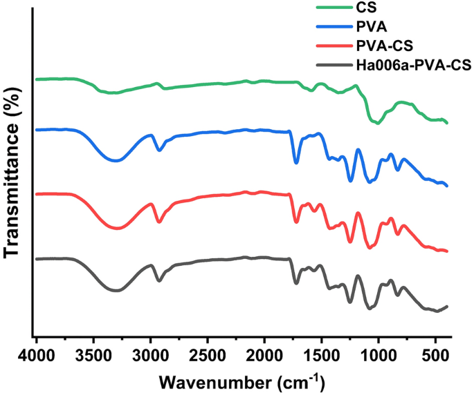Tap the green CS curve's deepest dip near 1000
coord(377,123)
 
